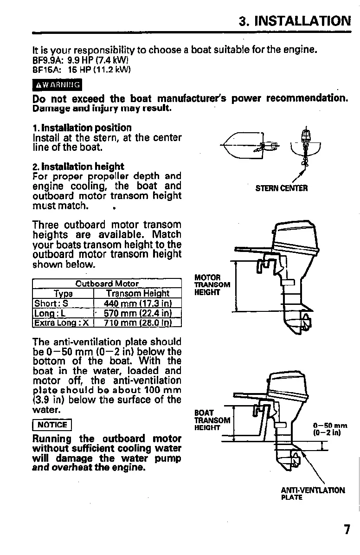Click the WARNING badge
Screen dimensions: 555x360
[57, 85]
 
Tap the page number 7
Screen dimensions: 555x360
[347, 529]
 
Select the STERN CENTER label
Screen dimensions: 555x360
[282, 188]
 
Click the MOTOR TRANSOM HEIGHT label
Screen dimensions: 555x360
[212, 285]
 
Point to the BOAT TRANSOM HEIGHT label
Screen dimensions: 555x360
[212, 420]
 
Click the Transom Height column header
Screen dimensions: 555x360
[137, 293]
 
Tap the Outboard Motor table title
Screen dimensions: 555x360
[107, 284]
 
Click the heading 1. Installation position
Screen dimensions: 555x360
[82, 128]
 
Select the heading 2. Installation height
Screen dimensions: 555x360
[78, 166]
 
